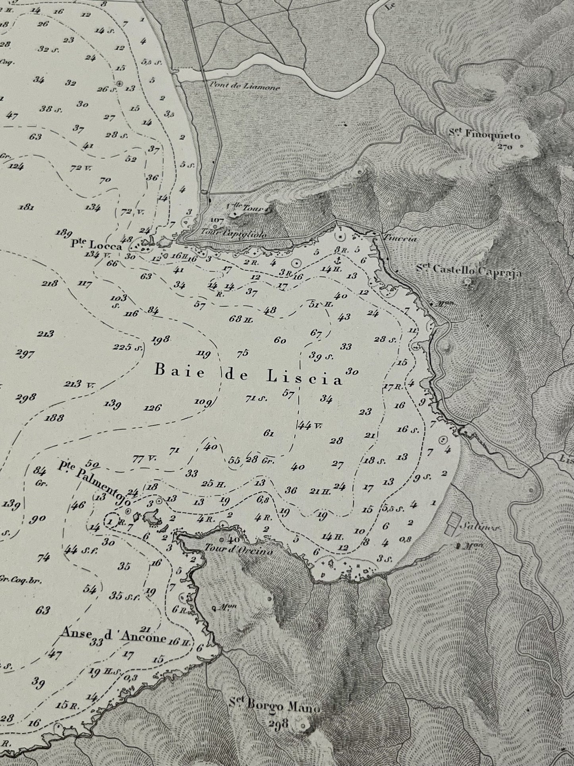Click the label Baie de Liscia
[248, 380]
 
